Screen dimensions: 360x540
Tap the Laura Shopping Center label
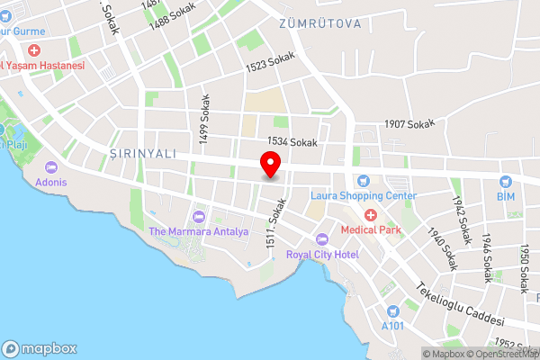coord(364,195)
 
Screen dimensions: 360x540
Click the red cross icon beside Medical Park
coord(369,215)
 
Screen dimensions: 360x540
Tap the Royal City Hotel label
coord(322,255)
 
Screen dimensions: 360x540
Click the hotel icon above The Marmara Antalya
coord(198,217)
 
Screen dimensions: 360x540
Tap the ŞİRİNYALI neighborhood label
coord(142,153)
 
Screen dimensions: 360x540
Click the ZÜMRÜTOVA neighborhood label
coord(319,22)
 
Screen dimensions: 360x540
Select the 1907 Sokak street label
coord(409,124)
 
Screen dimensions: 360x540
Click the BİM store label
coord(505,195)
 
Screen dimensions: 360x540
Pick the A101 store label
coord(392,324)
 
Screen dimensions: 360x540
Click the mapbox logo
coord(40,348)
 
